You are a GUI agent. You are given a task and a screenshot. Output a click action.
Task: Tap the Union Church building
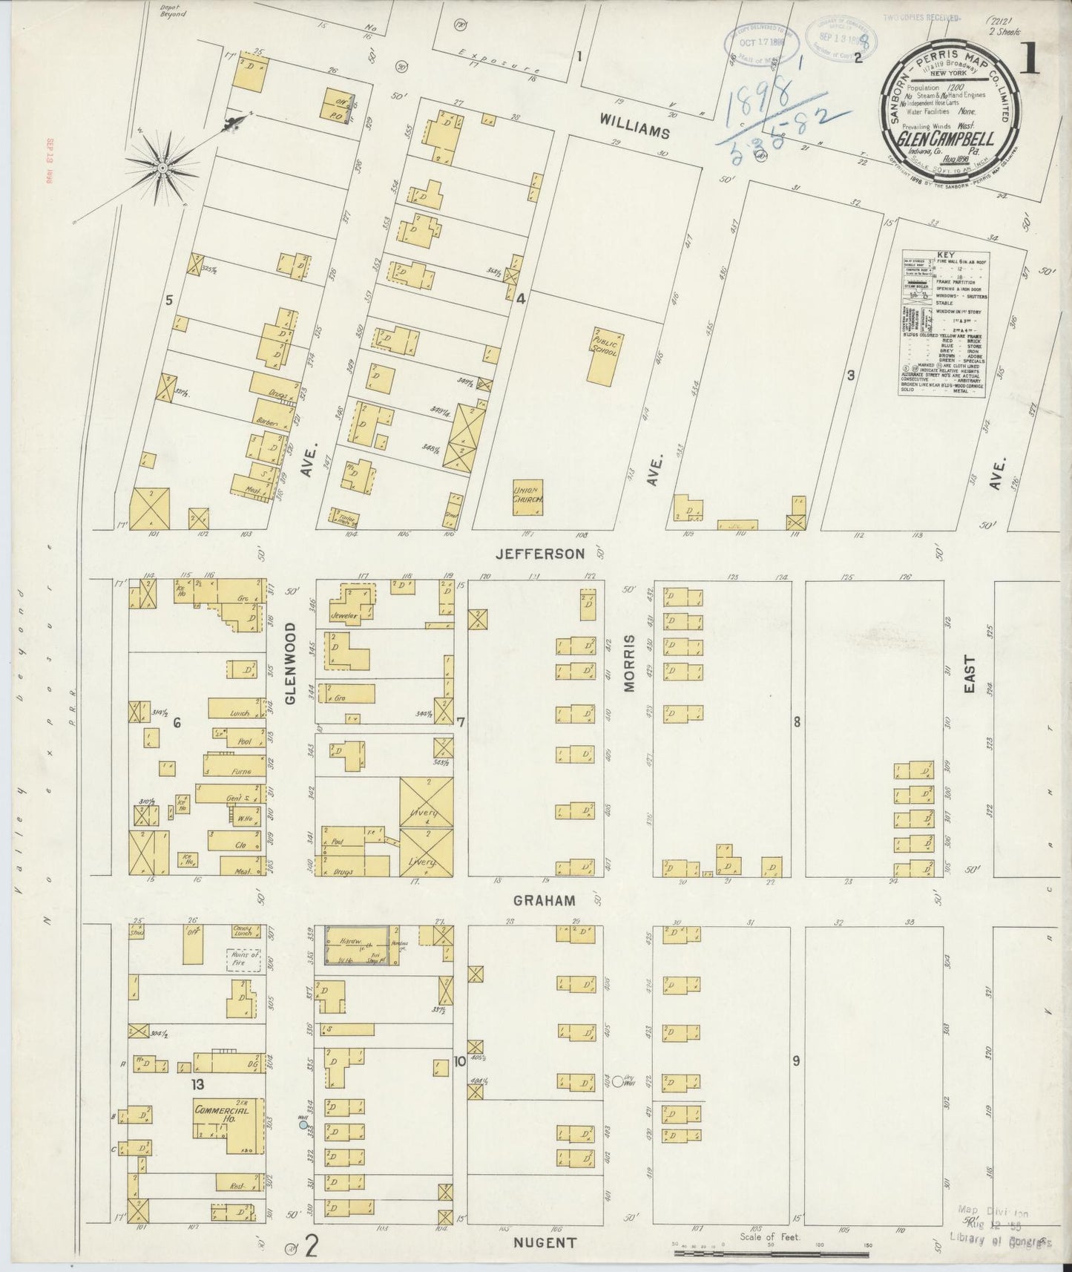click(x=528, y=494)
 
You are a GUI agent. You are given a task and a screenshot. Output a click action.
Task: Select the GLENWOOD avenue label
click(x=290, y=663)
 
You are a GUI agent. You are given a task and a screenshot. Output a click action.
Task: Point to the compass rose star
click(x=162, y=169)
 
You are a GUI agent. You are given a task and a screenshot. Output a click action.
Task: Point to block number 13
click(x=196, y=1084)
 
